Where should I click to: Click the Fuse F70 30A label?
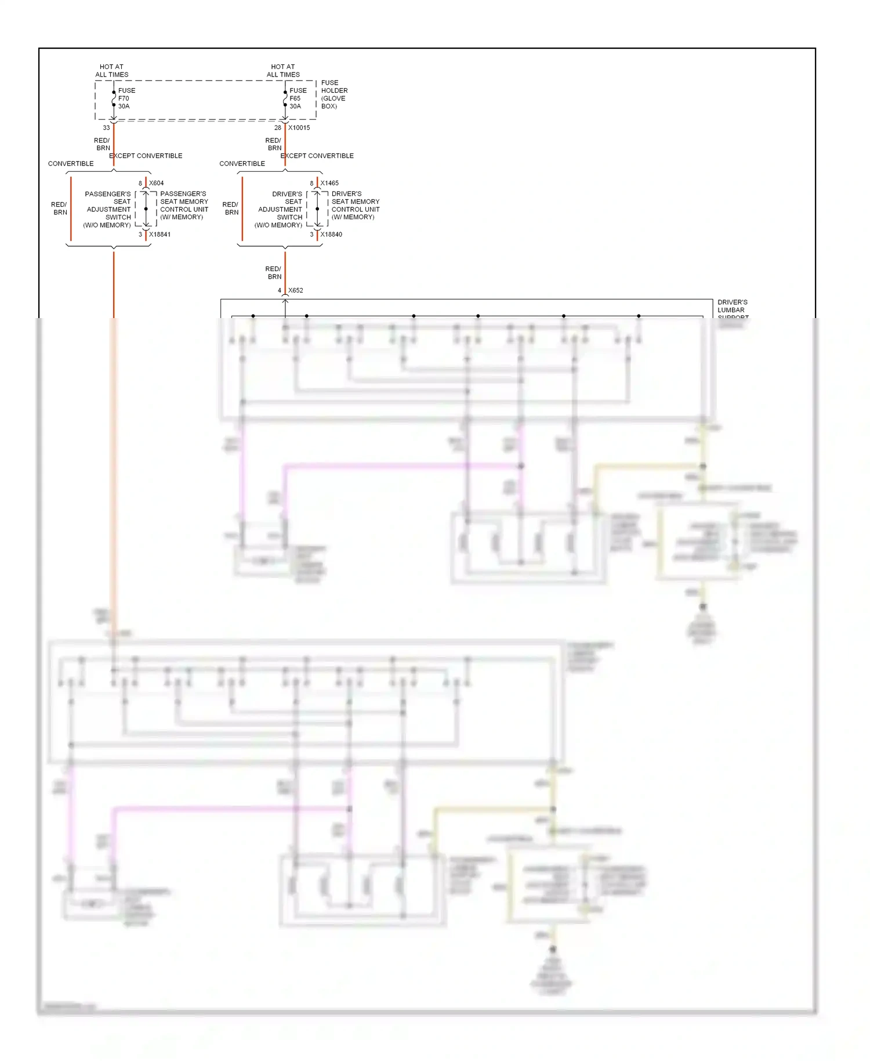point(126,99)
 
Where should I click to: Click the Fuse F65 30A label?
point(298,99)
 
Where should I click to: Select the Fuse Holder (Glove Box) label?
point(334,95)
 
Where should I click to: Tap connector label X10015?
point(299,128)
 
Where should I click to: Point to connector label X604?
point(157,183)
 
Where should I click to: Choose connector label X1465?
point(329,183)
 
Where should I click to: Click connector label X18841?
point(160,234)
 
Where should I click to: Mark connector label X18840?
point(331,234)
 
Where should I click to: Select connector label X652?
point(296,290)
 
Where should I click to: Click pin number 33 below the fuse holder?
point(106,128)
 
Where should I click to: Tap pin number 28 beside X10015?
point(278,128)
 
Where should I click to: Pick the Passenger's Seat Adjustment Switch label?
point(108,210)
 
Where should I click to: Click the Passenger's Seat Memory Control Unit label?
point(184,205)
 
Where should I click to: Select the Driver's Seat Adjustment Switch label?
point(280,210)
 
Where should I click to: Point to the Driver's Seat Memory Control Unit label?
point(356,205)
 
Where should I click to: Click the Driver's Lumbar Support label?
point(733,310)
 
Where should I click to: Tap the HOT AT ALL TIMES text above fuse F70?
point(112,71)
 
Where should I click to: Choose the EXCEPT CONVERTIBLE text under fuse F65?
point(317,156)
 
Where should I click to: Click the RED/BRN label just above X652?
point(274,273)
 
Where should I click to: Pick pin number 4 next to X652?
point(280,290)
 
